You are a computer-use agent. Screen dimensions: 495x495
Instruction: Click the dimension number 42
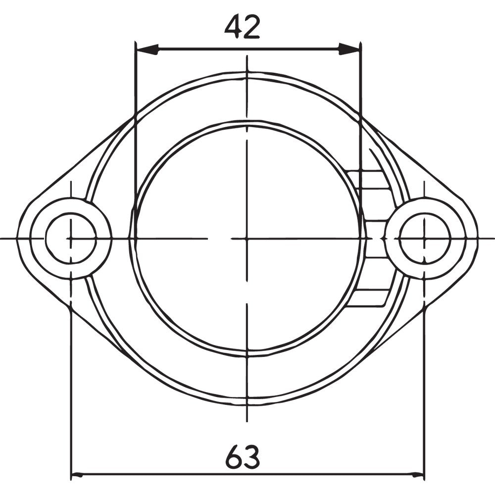[242, 28]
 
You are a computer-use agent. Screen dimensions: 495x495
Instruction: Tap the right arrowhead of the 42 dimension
[349, 49]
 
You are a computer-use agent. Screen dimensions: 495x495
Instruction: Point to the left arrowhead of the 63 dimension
[78, 476]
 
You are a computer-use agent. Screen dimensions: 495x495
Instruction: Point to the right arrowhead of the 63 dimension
[417, 476]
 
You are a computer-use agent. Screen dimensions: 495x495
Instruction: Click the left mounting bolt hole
[71, 238]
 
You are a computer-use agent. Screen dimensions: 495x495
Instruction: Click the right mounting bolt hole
[424, 238]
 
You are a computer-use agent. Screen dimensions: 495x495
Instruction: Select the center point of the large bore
[247, 238]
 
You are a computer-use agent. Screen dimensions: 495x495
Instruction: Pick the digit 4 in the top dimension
[233, 28]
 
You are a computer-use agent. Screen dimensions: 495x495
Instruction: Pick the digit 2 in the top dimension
[251, 28]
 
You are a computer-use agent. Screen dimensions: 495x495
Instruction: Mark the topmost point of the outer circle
[247, 72]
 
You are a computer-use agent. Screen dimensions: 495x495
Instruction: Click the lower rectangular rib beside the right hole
[369, 297]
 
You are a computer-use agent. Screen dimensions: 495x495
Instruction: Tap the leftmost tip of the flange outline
[17, 238]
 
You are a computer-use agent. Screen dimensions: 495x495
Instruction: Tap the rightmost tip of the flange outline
[478, 238]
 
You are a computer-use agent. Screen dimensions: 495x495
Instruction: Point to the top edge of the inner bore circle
[247, 121]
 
